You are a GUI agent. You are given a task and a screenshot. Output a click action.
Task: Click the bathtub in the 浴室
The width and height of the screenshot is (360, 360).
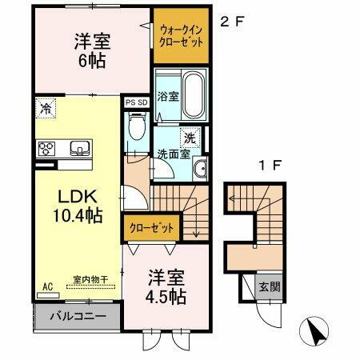(195, 84)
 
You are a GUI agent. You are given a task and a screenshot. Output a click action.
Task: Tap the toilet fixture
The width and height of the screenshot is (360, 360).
(137, 128)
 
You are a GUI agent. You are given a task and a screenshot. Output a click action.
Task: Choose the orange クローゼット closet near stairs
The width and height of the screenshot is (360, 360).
(151, 228)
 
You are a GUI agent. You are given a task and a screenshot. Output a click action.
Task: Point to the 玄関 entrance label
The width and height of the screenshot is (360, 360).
(266, 287)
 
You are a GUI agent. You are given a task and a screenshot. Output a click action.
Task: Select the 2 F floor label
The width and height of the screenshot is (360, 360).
(232, 22)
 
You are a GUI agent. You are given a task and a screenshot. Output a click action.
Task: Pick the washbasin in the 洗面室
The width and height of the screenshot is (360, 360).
(199, 168)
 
